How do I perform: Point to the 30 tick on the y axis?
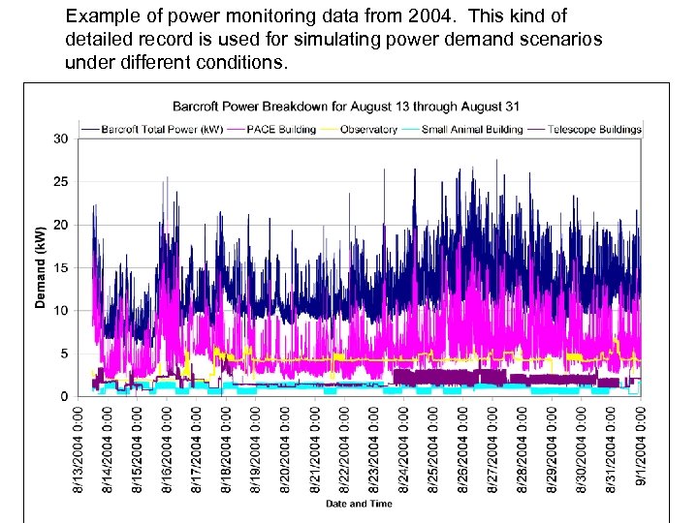(x=60, y=139)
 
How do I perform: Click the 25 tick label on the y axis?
(x=60, y=182)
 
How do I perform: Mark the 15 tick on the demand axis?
(x=60, y=268)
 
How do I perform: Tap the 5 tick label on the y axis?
(x=63, y=354)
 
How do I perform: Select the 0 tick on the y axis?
(x=63, y=396)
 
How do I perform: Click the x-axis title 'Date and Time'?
(x=360, y=504)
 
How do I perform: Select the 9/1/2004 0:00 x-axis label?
(x=640, y=449)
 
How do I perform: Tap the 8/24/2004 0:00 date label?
(x=404, y=449)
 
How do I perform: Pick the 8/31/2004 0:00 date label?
(x=611, y=449)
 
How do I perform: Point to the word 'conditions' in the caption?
(x=238, y=63)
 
